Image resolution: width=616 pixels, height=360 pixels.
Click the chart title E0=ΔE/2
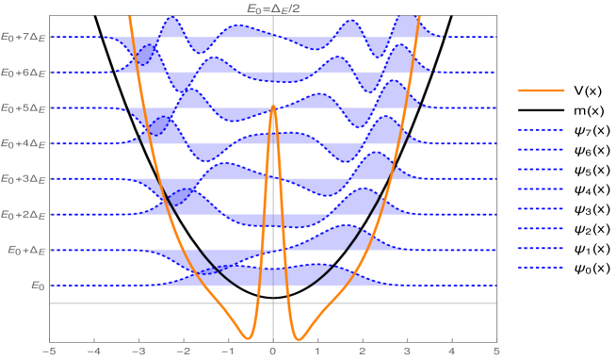pos(273,8)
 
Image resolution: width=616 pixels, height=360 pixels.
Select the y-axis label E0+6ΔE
pos(22,73)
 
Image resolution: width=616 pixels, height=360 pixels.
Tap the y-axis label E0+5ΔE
pos(22,108)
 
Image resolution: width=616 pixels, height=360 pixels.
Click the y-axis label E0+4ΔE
pos(22,143)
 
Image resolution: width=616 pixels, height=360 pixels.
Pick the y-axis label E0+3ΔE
pos(22,179)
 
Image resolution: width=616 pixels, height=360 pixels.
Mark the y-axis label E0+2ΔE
pos(22,215)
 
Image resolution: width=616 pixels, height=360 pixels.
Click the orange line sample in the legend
pos(541,90)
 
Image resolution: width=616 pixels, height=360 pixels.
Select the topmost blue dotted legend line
pos(541,129)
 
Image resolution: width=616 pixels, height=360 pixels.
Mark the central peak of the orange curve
pos(273,106)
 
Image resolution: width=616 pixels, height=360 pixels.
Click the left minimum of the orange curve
pos(247,337)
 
